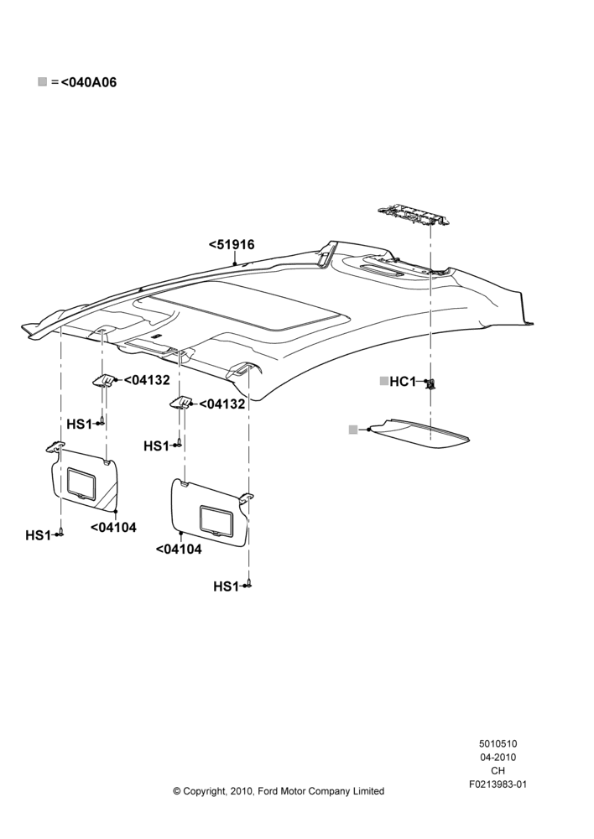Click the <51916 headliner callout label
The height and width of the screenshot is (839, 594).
[x=232, y=244]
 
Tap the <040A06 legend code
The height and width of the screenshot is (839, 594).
[x=88, y=82]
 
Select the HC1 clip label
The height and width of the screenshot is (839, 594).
[x=403, y=382]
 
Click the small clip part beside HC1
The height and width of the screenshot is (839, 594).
[x=430, y=383]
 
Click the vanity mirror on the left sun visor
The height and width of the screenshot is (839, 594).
[x=81, y=484]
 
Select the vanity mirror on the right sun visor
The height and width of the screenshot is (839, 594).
[x=216, y=520]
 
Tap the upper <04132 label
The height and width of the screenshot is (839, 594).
[x=147, y=380]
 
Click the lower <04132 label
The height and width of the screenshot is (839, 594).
[x=222, y=404]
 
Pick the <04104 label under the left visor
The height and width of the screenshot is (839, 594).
[x=113, y=528]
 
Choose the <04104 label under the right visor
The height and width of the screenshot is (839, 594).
[x=179, y=550]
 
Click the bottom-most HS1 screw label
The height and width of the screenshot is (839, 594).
[x=226, y=587]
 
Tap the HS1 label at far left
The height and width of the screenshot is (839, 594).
[x=38, y=535]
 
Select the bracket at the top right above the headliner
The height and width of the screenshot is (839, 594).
[x=411, y=214]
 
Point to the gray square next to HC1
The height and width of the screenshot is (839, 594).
[x=383, y=381]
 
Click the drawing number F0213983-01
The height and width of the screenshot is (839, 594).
[x=498, y=784]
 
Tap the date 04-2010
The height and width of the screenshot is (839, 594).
[x=498, y=757]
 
